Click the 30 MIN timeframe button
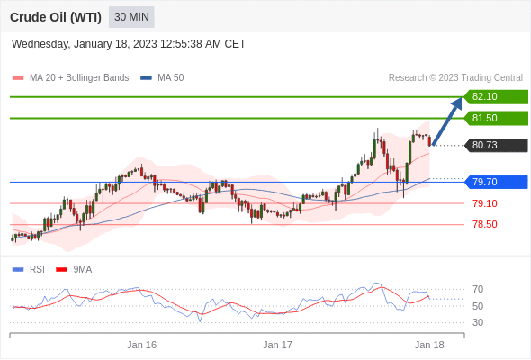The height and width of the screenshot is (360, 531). [131, 17]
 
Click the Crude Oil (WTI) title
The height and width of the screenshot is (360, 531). [56, 17]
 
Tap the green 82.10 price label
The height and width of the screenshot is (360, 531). [496, 97]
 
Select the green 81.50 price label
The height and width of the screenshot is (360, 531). [496, 118]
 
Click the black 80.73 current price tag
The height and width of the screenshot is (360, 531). [496, 145]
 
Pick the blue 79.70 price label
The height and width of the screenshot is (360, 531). [496, 182]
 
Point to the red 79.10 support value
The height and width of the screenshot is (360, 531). [485, 203]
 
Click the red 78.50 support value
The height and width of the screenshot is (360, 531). [485, 224]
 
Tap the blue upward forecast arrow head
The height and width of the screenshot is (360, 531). [457, 103]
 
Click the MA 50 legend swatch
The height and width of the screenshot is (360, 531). [146, 78]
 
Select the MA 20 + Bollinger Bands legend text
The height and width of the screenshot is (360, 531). [79, 78]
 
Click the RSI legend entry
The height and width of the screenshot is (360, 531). [29, 270]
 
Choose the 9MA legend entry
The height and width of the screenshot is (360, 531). [74, 270]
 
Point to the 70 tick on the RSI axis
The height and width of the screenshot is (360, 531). [478, 289]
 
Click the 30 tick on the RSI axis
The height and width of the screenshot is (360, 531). [478, 322]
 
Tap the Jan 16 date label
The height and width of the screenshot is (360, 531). [141, 345]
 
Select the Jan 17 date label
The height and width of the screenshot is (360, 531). [277, 345]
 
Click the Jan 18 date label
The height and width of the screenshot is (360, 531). [429, 345]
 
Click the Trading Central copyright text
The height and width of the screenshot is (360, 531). [455, 78]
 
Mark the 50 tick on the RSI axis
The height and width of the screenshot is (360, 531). [478, 306]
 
